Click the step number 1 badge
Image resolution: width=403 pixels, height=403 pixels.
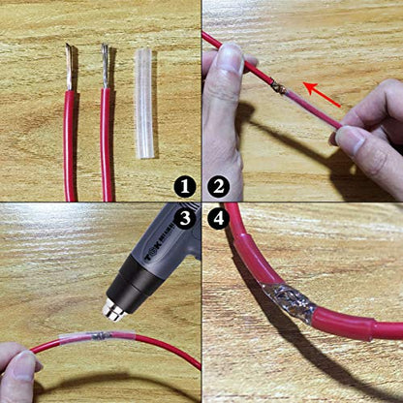point(185,187)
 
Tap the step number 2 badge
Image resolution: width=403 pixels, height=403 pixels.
point(218,187)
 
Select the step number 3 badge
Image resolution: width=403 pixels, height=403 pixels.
point(185,218)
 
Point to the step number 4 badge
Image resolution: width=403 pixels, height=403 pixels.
point(218,218)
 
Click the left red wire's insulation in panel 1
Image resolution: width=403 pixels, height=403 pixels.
point(70,145)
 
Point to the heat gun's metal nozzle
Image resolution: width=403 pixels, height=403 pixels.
point(114,309)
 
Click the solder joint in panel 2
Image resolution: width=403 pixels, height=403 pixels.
point(278,87)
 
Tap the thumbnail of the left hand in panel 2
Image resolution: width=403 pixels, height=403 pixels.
point(231,59)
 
